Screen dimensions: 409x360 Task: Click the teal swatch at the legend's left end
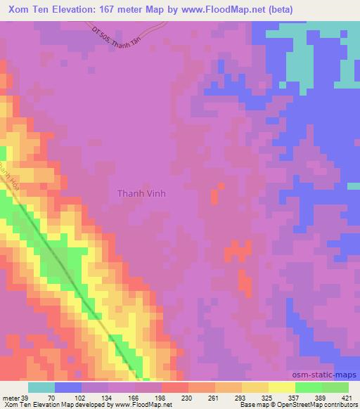tap(41, 387)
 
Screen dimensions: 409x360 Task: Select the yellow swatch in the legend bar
tap(257, 387)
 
